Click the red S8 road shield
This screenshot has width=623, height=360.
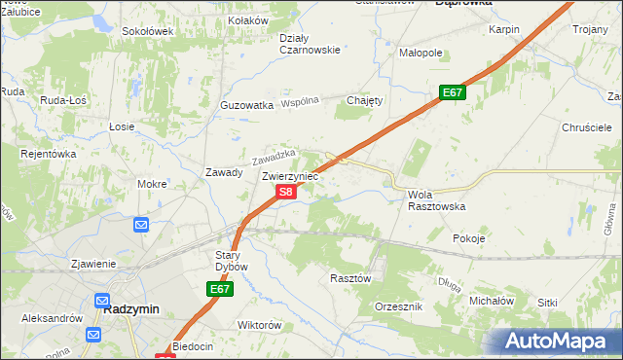(x=285, y=193)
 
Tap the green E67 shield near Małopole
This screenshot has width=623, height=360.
(x=452, y=93)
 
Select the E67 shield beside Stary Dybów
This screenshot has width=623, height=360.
(x=220, y=289)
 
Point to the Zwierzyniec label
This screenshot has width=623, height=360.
(x=290, y=176)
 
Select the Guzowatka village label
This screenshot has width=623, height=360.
(x=246, y=104)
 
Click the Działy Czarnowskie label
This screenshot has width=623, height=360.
(x=309, y=44)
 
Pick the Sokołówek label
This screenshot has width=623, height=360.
(x=147, y=31)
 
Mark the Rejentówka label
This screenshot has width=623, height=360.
(x=49, y=153)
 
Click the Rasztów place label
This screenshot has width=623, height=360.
(x=351, y=277)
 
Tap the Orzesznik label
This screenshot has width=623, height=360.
(x=398, y=306)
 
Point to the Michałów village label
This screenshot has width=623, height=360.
(x=491, y=302)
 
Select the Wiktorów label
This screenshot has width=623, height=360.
(x=260, y=325)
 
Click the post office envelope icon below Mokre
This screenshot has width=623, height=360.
(x=141, y=225)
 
